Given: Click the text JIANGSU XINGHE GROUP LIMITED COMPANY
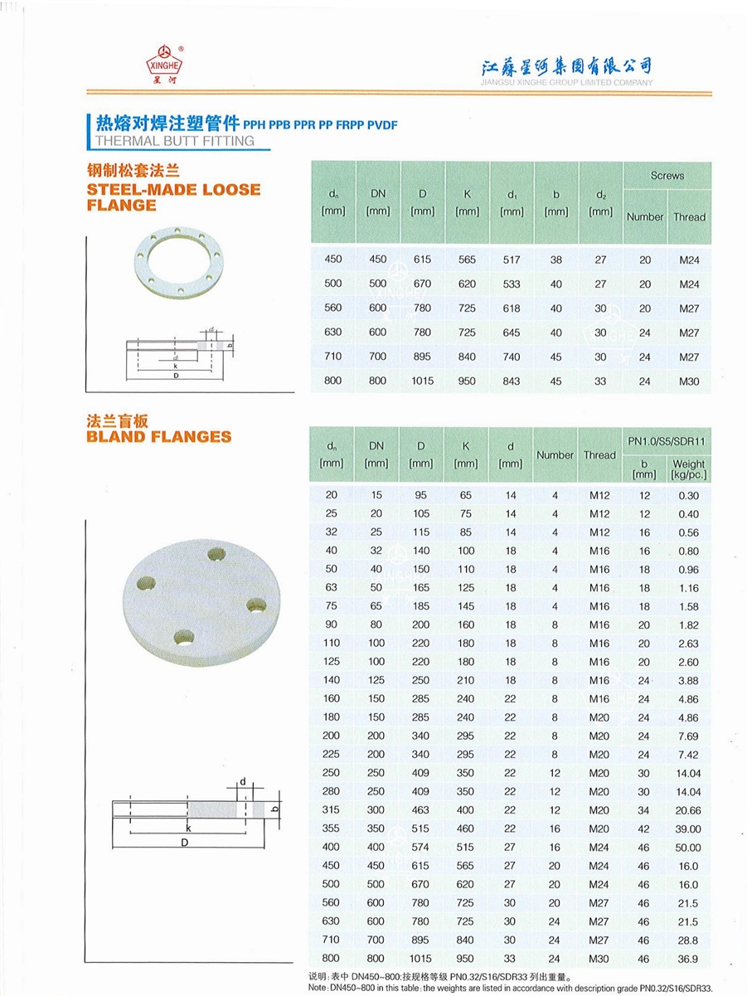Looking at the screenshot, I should coord(566,83).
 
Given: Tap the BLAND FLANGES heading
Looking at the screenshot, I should coord(159,437).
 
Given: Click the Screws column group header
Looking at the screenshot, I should coord(667,176).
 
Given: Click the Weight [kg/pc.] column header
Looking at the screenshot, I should coord(688,469).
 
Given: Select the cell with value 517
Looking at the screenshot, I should coord(512,260).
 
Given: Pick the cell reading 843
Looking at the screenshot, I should coord(512,381).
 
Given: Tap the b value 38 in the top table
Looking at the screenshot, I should coord(556,260).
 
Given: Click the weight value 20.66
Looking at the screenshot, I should coord(688,810).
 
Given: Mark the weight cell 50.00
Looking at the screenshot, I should coord(688,848).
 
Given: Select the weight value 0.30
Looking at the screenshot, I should coord(688,495).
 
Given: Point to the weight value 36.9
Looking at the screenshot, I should coord(688,959).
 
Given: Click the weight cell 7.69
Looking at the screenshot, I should coord(688,736).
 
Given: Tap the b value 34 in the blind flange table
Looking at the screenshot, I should coord(644,810).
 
